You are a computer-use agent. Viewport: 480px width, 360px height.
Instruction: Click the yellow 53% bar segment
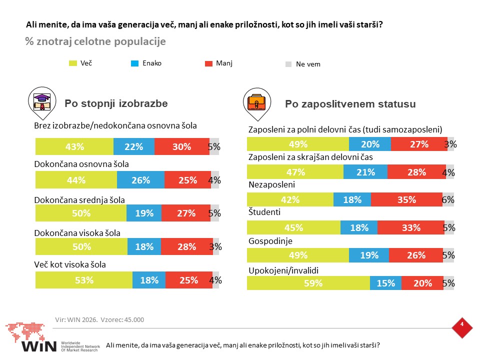84,280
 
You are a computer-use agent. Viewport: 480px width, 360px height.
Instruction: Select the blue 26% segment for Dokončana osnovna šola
140,179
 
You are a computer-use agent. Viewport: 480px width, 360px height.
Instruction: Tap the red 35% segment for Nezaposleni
406,199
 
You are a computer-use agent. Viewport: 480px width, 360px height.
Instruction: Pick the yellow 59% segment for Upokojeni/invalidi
308,283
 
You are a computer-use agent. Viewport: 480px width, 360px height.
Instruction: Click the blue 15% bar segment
385,283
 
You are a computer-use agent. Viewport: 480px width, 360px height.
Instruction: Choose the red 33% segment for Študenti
411,227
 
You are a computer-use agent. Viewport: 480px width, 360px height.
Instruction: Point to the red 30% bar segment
182,146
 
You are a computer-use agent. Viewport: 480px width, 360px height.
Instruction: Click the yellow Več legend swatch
73,63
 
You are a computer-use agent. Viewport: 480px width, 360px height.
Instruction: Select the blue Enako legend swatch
134,63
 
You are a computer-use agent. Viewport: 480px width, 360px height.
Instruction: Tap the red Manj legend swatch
208,63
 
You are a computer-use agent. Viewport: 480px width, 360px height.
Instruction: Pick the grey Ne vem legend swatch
288,64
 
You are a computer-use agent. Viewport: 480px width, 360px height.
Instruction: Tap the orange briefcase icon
257,102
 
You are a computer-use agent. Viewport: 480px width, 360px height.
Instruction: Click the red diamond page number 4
462,327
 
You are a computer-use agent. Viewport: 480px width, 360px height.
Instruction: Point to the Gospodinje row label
270,241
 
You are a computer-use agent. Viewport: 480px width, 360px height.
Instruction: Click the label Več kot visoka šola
70,264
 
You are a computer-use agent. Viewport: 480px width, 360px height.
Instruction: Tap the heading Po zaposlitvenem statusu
350,104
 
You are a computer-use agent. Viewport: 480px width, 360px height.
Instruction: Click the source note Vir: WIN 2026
76,319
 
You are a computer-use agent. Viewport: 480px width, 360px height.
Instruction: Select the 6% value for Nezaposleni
448,199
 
